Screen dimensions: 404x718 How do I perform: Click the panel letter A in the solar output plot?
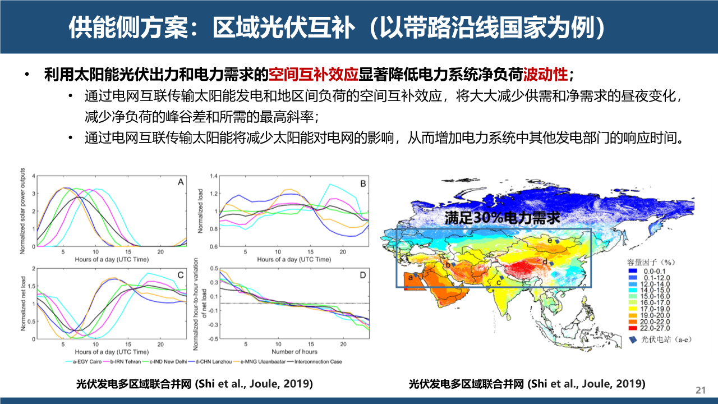coord(181,182)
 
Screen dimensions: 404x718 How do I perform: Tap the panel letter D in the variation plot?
coord(362,275)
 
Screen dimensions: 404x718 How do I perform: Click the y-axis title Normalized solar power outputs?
coord(24,211)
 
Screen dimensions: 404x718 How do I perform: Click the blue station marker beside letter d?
coord(551,263)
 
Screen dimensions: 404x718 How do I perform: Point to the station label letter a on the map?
coord(410,277)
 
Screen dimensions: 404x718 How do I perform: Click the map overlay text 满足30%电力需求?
coord(503,218)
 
